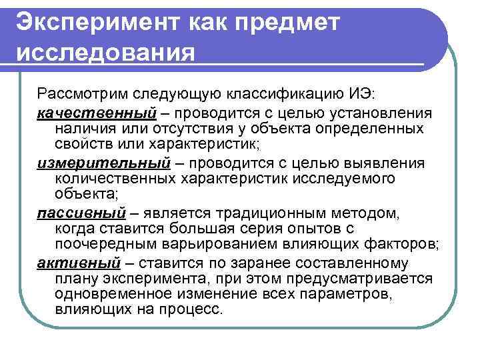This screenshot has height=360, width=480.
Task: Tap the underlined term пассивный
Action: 81,213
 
